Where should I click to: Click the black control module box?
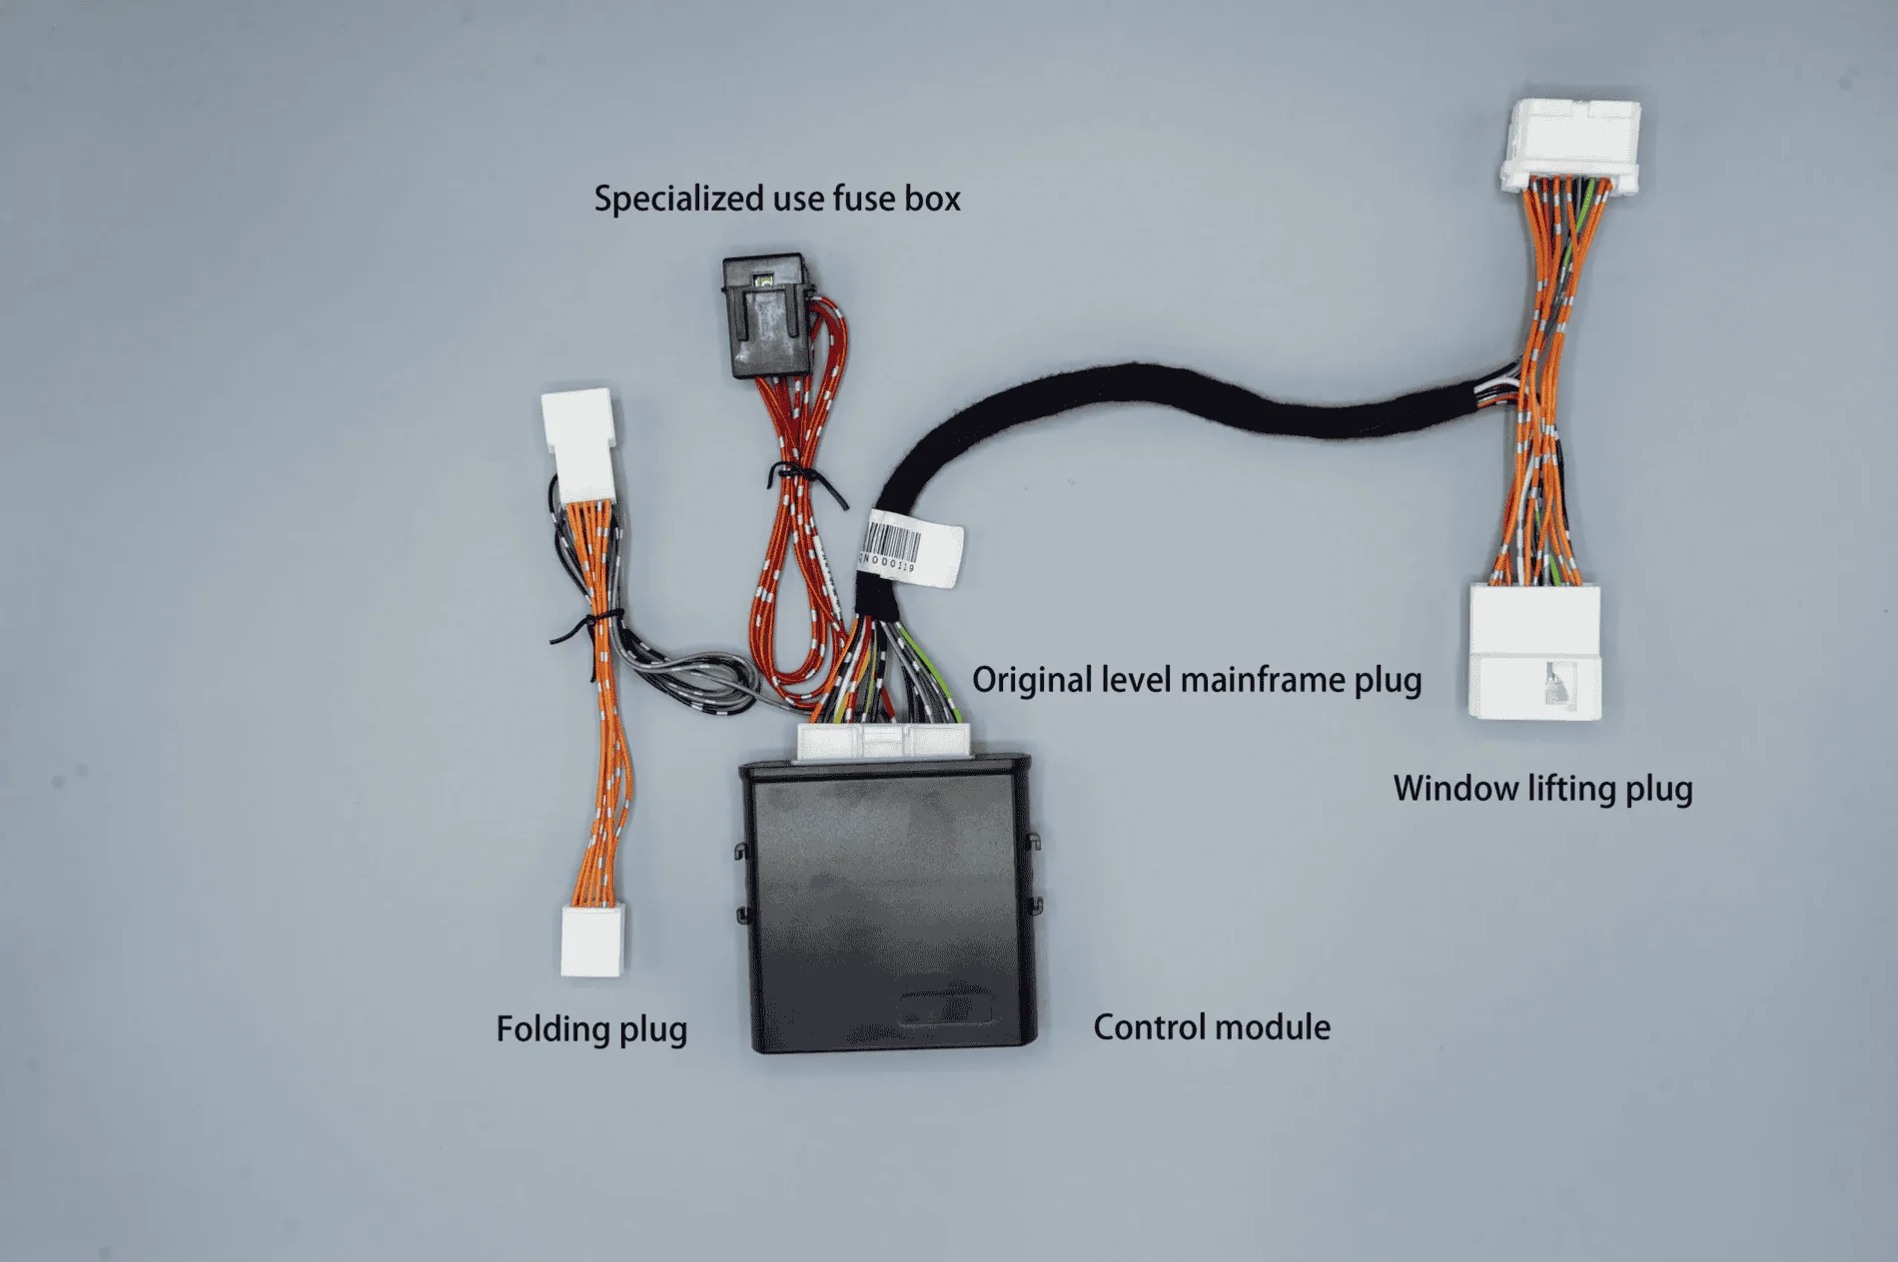[x=887, y=904]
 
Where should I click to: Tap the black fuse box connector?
[x=766, y=316]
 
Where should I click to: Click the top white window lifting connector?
[x=1569, y=144]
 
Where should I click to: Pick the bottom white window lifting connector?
[x=1535, y=651]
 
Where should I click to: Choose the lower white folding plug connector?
[x=592, y=940]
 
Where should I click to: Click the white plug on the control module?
[x=884, y=742]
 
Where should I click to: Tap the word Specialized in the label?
[x=680, y=199]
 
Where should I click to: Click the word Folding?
[x=552, y=1029]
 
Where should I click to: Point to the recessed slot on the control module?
[x=946, y=1009]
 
